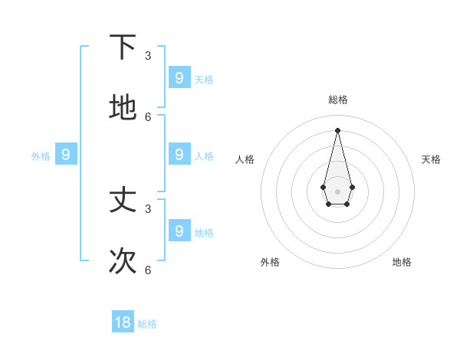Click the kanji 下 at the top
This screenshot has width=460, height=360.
pos(123,47)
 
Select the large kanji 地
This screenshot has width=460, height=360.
pos(123,108)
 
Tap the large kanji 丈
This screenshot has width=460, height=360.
pos(123,200)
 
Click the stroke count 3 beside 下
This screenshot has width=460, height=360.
pos(148,55)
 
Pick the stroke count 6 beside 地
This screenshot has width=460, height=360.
pos(148,116)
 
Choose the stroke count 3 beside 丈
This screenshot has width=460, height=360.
pos(148,208)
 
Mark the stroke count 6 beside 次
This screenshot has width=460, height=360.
pos(148,270)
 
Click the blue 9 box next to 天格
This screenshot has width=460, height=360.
pos(179,77)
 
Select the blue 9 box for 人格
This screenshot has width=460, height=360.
pos(179,154)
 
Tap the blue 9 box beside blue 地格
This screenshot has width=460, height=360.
pos(179,230)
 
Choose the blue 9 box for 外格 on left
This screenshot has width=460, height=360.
pos(66,154)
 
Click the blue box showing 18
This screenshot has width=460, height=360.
pos(123,322)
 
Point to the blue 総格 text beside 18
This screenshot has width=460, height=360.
pos(147,324)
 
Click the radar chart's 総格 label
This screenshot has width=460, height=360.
pos(337,100)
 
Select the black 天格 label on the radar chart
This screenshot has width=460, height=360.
pos(431,159)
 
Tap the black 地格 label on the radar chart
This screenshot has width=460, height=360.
pos(402,262)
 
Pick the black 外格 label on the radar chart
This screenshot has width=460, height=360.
pos(270,262)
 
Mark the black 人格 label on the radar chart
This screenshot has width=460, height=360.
pos(245,159)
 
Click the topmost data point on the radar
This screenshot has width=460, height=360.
pos(337,129)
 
